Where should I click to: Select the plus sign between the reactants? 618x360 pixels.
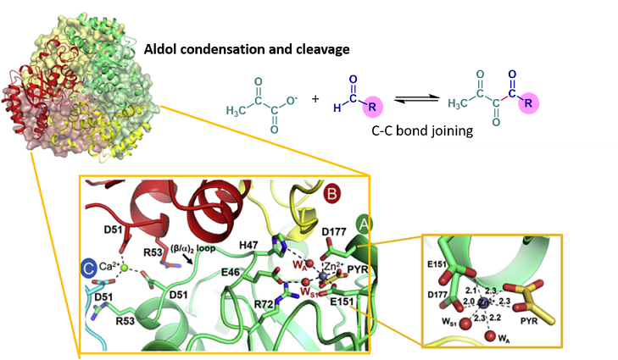[x=315, y=98]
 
